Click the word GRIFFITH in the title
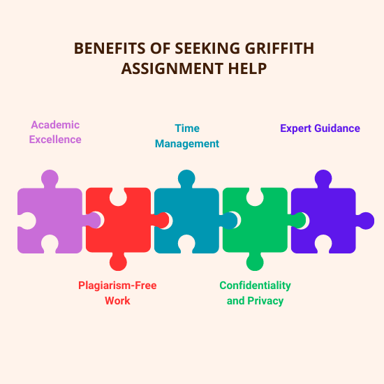click(279, 48)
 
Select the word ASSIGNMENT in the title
click(172, 68)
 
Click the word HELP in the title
click(247, 68)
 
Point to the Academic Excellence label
click(55, 132)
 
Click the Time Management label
click(187, 136)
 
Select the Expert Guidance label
click(320, 128)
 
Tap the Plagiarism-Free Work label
click(117, 293)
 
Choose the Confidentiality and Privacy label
click(255, 293)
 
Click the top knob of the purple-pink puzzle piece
click(50, 179)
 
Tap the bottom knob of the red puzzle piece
click(118, 262)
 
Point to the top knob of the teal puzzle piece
click(186, 179)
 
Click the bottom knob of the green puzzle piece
click(255, 262)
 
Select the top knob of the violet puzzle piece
click(323, 179)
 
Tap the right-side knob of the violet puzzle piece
click(365, 221)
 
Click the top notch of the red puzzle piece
click(118, 197)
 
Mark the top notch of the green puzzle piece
click(255, 197)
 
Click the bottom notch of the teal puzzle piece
click(186, 244)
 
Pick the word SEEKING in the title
click(207, 48)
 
